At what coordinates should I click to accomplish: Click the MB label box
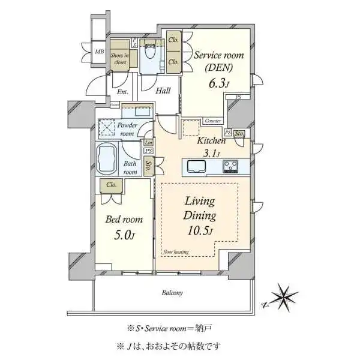tap(99, 52)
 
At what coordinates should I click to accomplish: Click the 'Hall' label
tap(163, 91)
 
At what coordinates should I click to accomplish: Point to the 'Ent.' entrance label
tap(123, 92)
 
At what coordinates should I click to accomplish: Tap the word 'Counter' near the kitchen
tap(213, 121)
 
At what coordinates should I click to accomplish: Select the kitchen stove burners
tap(231, 166)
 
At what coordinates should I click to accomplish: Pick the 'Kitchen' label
tap(212, 141)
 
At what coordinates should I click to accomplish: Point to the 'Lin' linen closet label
tap(148, 143)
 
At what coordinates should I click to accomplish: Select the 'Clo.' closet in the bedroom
tap(111, 185)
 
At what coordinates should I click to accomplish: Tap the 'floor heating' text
tap(176, 252)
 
